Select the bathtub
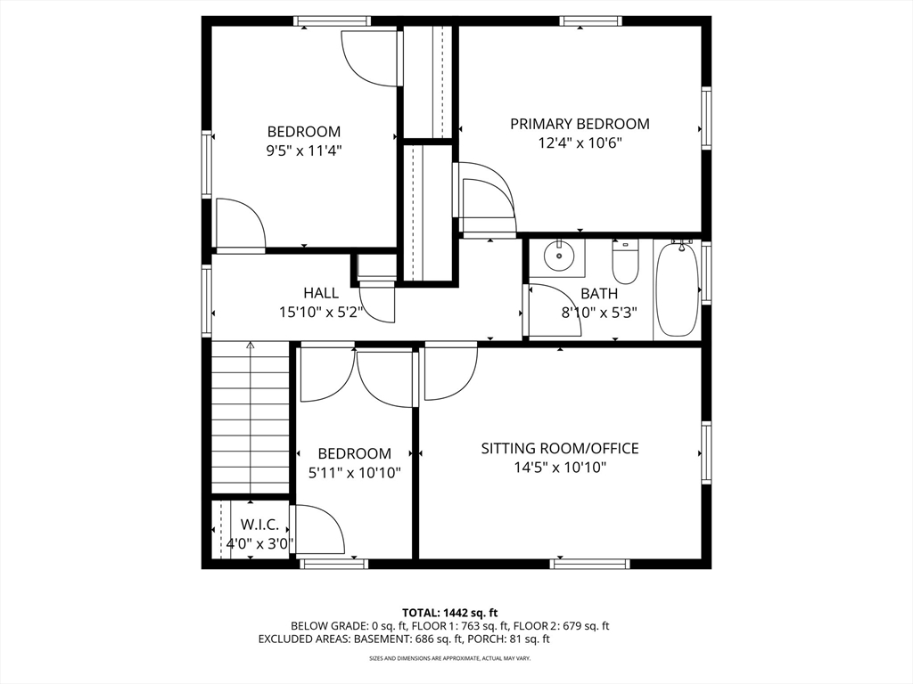click(678, 289)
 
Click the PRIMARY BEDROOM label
click(580, 124)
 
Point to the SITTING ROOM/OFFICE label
click(560, 449)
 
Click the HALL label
click(321, 292)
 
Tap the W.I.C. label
click(259, 525)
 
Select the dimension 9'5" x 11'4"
click(304, 151)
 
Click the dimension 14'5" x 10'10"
click(560, 467)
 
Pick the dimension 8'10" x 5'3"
click(599, 313)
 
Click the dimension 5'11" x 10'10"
click(355, 472)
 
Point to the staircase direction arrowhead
click(251, 345)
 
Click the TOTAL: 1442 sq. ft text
click(450, 613)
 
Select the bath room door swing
click(553, 310)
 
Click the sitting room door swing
click(451, 374)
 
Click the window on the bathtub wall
click(706, 272)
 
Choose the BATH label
click(599, 293)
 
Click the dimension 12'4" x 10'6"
click(580, 143)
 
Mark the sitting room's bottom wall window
click(590, 564)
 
